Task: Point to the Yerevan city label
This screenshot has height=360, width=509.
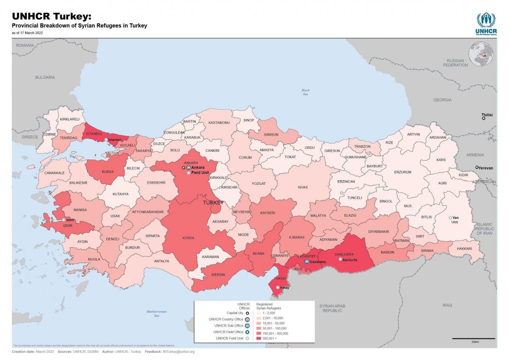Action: (x=486, y=168)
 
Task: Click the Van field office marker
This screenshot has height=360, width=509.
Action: (x=450, y=218)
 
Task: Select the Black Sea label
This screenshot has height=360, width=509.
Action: (x=305, y=92)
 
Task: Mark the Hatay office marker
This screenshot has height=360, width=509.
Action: (x=277, y=287)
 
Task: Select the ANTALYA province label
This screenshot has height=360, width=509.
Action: (x=161, y=261)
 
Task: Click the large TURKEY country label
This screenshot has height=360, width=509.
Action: (x=213, y=203)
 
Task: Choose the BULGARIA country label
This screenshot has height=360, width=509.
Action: (x=45, y=78)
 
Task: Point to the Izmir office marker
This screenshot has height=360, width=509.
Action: (x=64, y=220)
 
